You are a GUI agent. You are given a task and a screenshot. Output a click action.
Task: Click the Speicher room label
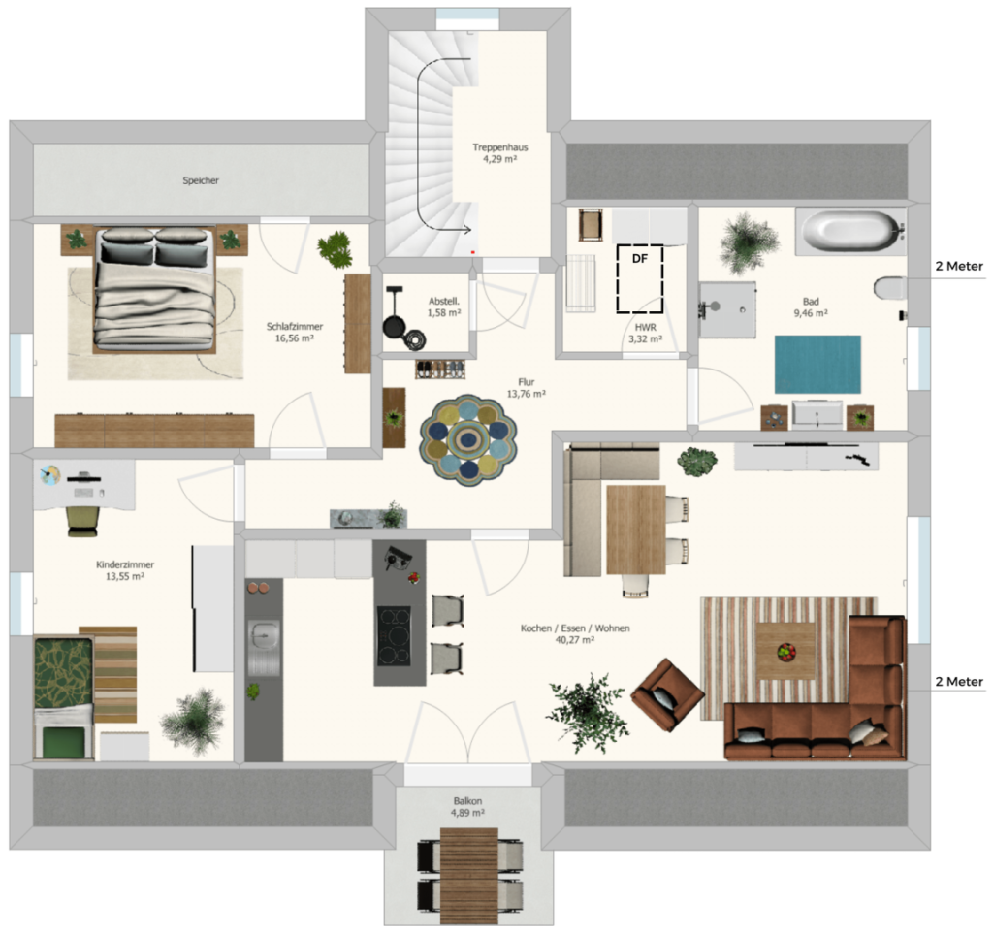click(201, 180)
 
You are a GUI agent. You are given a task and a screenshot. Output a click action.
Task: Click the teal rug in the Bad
click(817, 364)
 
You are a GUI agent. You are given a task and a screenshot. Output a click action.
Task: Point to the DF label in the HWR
click(640, 258)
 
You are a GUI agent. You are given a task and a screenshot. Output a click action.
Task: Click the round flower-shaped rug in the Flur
click(468, 440)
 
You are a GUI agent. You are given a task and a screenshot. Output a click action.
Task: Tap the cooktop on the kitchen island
click(394, 635)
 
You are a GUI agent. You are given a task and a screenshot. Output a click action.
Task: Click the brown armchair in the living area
click(667, 694)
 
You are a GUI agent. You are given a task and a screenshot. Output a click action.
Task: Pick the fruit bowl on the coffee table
click(785, 652)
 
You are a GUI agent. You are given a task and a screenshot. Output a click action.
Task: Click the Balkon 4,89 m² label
click(468, 807)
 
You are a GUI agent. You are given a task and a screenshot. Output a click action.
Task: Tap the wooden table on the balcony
click(469, 877)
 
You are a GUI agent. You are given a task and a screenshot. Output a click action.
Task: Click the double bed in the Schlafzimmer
click(154, 290)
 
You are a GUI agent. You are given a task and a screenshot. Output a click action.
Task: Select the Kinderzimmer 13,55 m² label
click(125, 570)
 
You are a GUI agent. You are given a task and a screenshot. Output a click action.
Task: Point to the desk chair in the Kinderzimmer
click(83, 521)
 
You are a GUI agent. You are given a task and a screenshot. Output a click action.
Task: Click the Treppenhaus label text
click(500, 147)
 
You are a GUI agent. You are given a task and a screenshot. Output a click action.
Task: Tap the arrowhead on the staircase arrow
click(466, 229)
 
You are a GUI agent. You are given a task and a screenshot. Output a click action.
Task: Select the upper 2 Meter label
click(959, 266)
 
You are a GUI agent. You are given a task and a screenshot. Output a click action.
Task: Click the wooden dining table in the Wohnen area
click(636, 530)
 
